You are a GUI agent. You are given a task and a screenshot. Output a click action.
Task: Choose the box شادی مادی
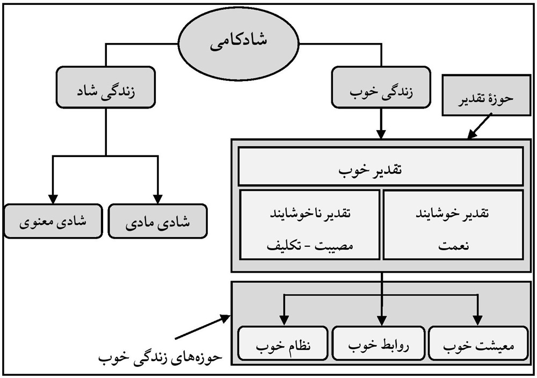pos(157,221)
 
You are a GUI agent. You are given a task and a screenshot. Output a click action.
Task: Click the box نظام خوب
pos(282,344)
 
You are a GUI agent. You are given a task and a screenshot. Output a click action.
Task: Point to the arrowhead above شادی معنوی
pos(53,197)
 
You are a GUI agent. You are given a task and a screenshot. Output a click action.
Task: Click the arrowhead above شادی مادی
pos(158,197)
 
